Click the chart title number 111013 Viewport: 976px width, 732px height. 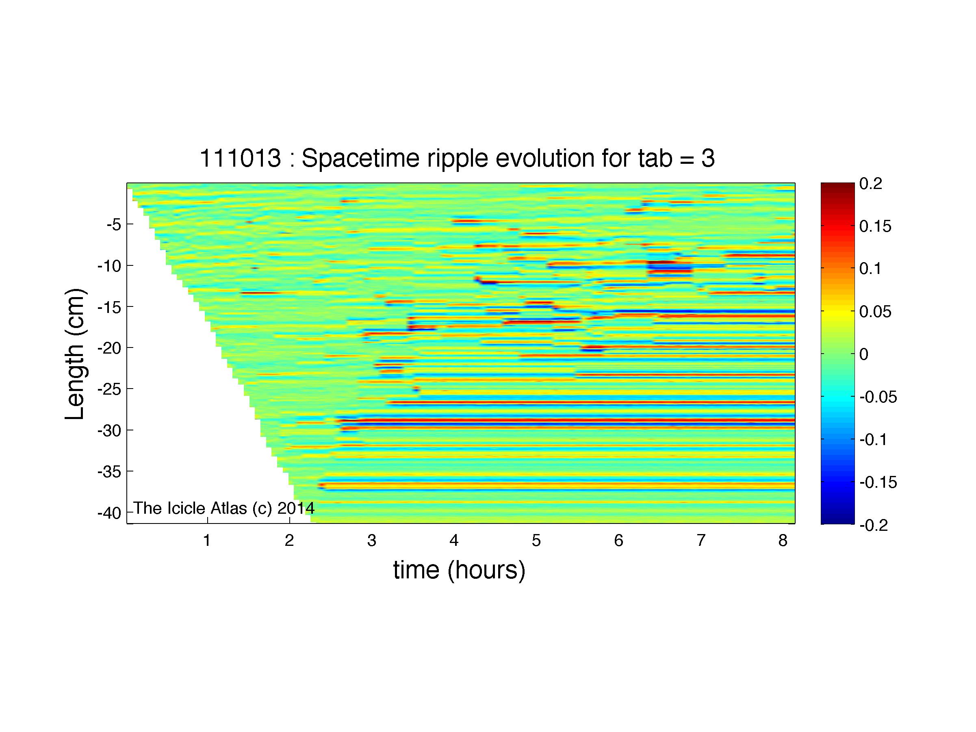tap(241, 158)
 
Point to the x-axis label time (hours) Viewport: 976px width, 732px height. tap(459, 570)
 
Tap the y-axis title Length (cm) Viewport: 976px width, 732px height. tap(75, 354)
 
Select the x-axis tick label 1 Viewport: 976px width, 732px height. tap(206, 540)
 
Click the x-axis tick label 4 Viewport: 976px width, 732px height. tap(454, 540)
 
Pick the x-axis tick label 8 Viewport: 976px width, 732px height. tap(783, 540)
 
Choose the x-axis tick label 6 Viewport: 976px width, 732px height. tap(618, 540)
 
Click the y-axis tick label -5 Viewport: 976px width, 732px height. tap(114, 225)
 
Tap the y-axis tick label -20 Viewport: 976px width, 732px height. tap(109, 348)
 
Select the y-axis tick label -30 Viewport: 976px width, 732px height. tap(109, 431)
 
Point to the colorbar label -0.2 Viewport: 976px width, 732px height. tap(874, 525)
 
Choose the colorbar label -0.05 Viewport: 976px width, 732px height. tap(878, 397)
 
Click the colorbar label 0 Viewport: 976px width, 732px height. tap(864, 354)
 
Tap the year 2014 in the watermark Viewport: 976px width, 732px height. tap(296, 508)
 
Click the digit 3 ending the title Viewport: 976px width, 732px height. tap(708, 158)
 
